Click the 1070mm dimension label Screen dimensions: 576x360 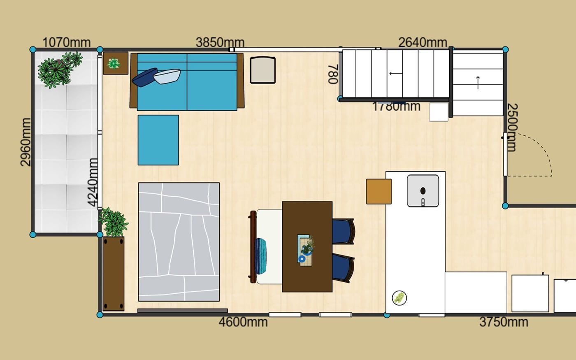(x=66, y=42)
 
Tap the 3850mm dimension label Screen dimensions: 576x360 (x=220, y=42)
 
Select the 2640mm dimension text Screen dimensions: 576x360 (x=423, y=42)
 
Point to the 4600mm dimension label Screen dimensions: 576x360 (x=243, y=322)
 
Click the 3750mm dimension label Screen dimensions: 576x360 (x=504, y=322)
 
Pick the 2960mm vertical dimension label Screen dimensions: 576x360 (x=26, y=142)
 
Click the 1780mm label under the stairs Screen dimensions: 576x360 (x=396, y=107)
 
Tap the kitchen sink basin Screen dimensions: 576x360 (x=423, y=191)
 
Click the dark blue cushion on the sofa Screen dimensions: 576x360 (x=144, y=77)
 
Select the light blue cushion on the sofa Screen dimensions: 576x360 (x=167, y=77)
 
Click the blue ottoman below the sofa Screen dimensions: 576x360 (x=158, y=140)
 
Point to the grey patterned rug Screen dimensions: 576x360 (x=179, y=242)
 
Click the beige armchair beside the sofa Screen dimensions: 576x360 (x=263, y=70)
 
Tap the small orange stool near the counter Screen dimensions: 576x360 (x=379, y=192)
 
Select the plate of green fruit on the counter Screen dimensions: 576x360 (x=399, y=298)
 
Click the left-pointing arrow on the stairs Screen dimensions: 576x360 (x=396, y=74)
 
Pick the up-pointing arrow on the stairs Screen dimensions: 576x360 (x=478, y=83)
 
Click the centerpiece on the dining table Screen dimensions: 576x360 (x=306, y=249)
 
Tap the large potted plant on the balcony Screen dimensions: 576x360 (x=60, y=70)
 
